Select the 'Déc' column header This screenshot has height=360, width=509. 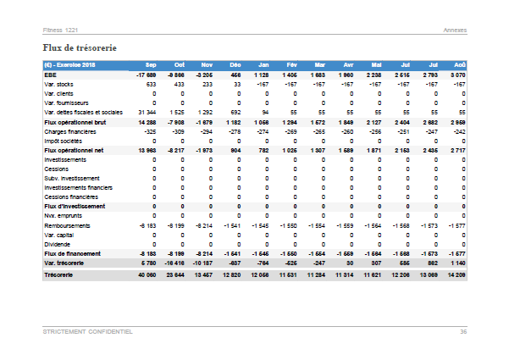point(235,64)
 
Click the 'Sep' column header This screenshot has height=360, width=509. point(151,64)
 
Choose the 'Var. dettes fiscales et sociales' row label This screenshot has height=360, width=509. point(83,112)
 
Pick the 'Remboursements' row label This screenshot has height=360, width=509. point(67,225)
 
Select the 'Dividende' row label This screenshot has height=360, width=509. point(58,244)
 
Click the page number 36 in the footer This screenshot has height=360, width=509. point(463,331)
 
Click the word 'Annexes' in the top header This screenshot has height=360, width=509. point(455,30)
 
